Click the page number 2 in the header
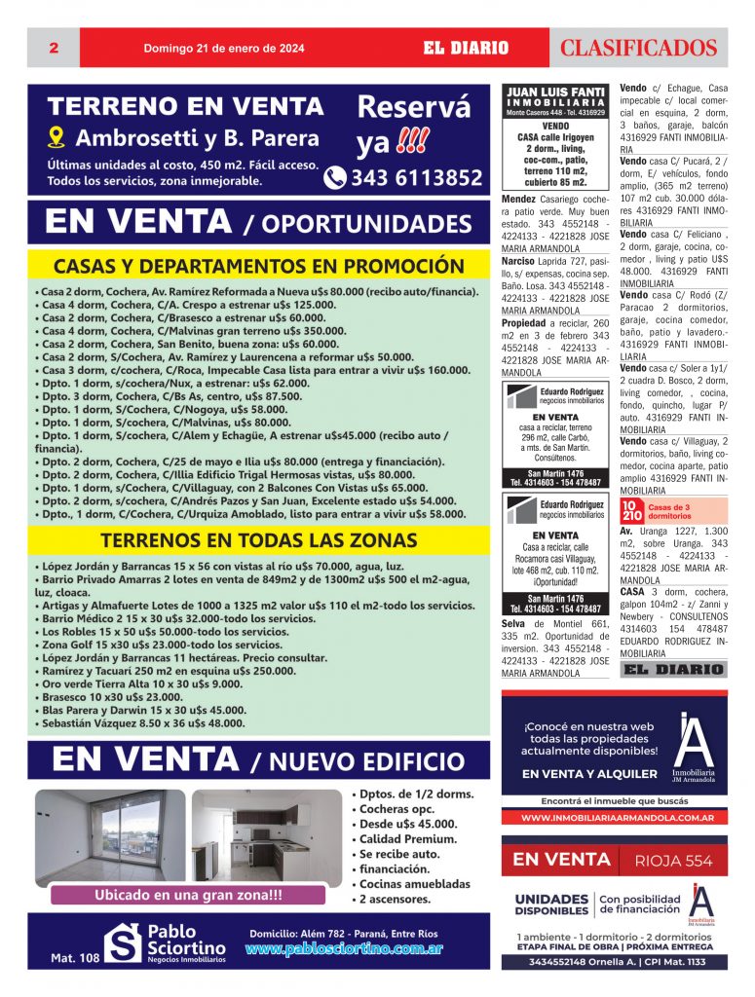[x=54, y=48]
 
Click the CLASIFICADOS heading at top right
[x=638, y=49]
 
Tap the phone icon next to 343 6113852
[x=335, y=177]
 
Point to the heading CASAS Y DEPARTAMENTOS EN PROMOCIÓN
[x=258, y=266]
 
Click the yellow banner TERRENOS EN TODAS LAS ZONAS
[x=258, y=539]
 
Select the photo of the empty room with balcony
[x=109, y=834]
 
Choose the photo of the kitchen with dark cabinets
[x=266, y=834]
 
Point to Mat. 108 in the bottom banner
[x=75, y=959]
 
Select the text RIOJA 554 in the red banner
[x=673, y=860]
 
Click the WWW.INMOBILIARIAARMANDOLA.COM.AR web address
[x=613, y=818]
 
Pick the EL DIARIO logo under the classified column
[x=672, y=670]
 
